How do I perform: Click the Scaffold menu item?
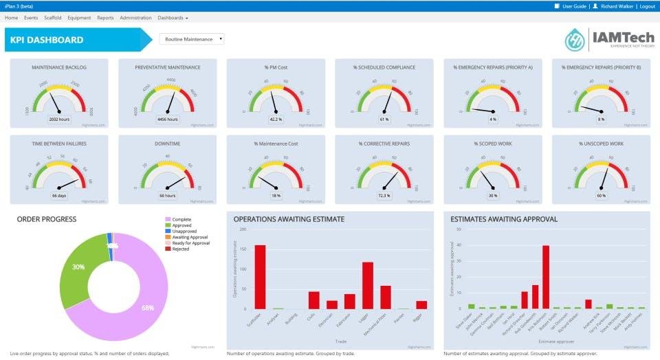[x=52, y=17]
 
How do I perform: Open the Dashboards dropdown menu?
[x=173, y=17]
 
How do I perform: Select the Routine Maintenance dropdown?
[x=192, y=39]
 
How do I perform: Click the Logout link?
[x=647, y=6]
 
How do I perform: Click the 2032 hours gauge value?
[x=59, y=120]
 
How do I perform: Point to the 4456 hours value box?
[x=167, y=120]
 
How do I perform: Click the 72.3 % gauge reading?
[x=384, y=196]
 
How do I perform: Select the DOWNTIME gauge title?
[x=168, y=144]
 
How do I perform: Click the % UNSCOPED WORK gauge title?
[x=601, y=144]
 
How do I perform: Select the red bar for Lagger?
[x=368, y=285]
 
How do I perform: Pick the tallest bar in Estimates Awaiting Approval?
[x=546, y=277]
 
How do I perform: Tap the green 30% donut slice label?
[x=78, y=267]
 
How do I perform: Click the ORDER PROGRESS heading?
[x=47, y=219]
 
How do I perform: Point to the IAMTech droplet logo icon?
[x=575, y=39]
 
